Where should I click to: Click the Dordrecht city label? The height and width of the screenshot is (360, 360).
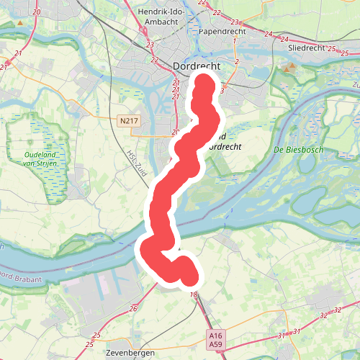tap(196, 66)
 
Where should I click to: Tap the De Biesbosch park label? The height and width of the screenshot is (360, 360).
tap(299, 150)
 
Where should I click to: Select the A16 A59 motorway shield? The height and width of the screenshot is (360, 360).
tap(215, 340)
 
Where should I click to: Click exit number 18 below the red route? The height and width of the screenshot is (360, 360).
tap(194, 295)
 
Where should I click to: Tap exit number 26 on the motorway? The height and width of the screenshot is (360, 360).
tap(134, 309)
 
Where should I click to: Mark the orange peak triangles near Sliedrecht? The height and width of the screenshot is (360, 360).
tap(289, 67)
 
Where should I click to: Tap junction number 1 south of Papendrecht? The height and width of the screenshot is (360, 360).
tap(235, 41)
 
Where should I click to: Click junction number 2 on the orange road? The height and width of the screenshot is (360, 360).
tap(236, 62)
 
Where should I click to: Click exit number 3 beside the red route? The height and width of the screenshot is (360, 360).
tap(223, 90)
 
